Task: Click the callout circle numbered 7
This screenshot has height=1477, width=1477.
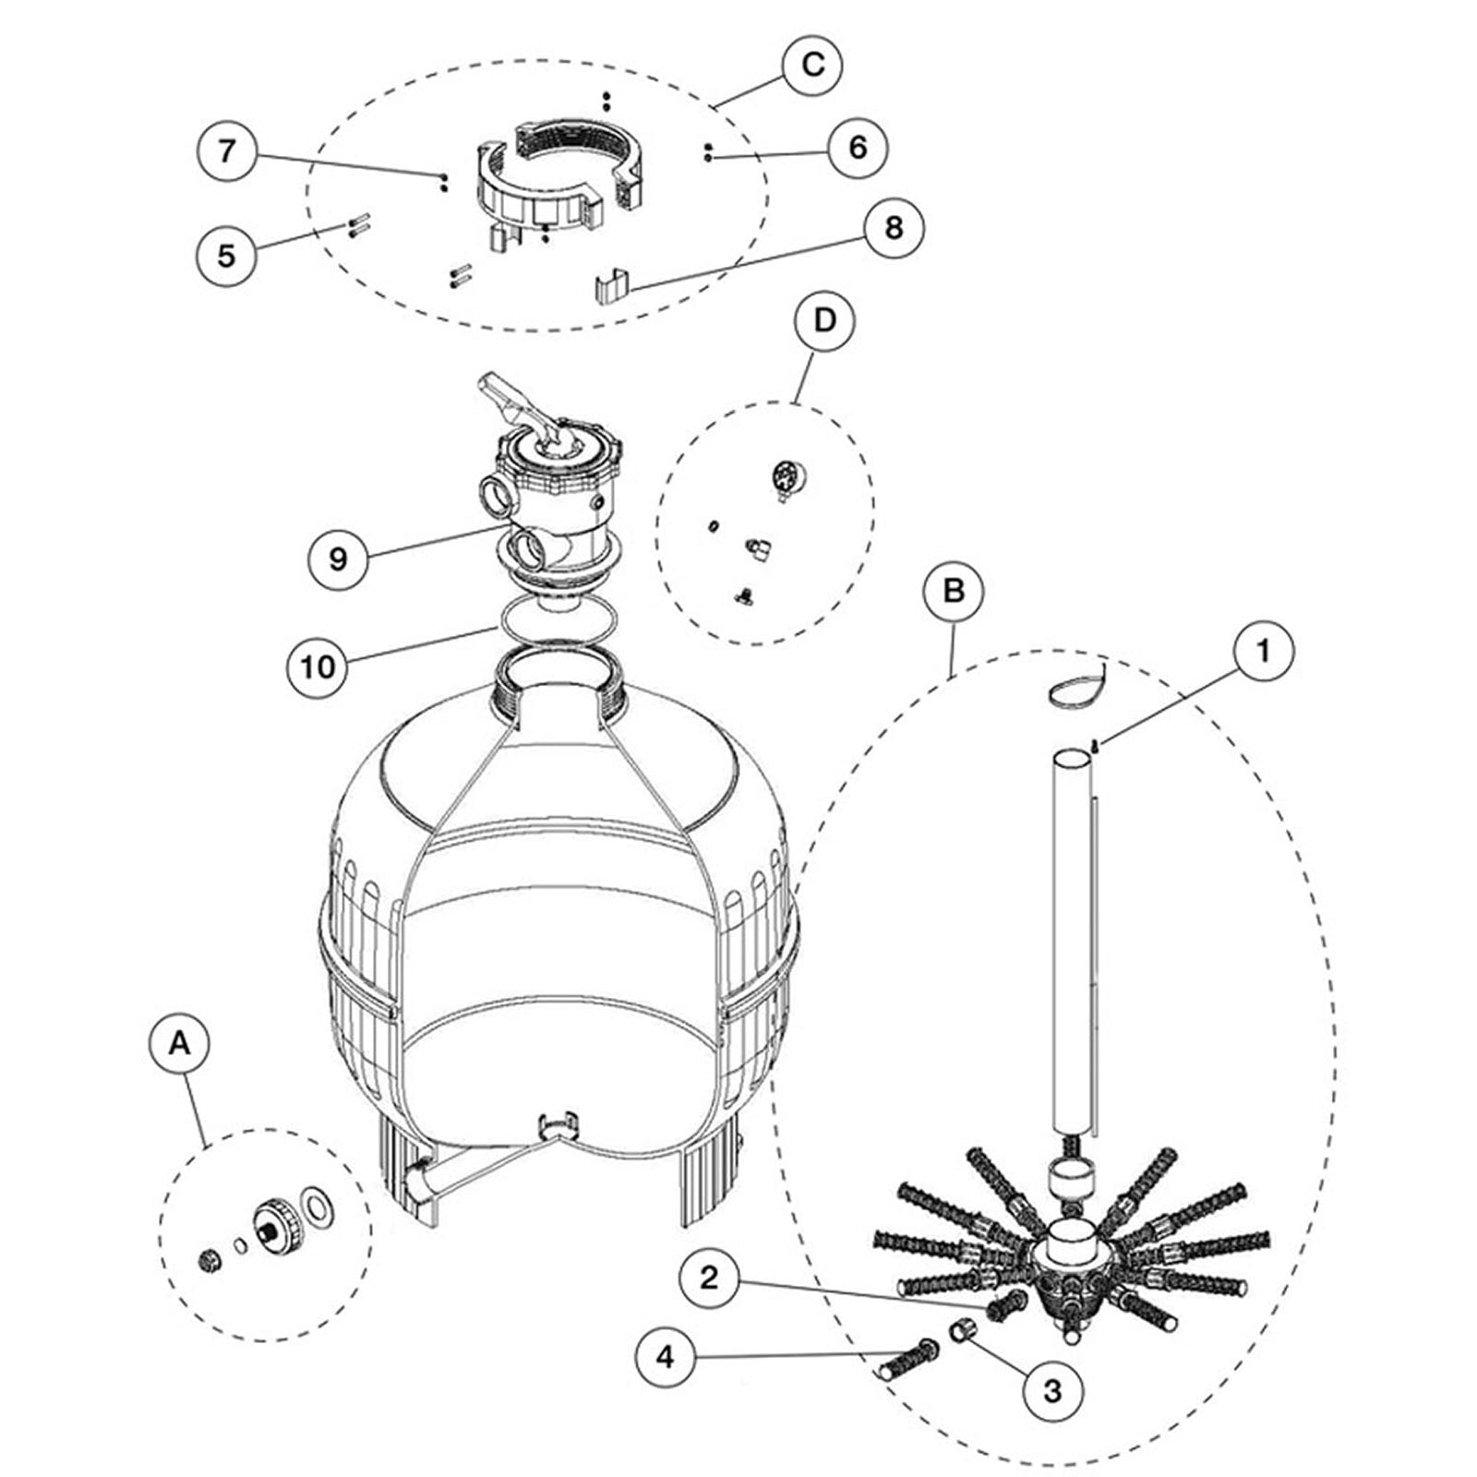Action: (x=227, y=150)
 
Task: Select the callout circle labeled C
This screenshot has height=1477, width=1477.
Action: (x=811, y=65)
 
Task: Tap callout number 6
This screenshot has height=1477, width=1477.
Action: (x=858, y=147)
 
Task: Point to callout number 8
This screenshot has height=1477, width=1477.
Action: (x=893, y=227)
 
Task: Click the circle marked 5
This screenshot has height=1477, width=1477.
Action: (x=227, y=254)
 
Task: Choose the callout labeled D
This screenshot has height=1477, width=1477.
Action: (x=824, y=320)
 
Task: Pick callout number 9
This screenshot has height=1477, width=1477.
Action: (x=338, y=558)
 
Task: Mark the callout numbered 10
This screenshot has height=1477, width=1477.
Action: (x=318, y=665)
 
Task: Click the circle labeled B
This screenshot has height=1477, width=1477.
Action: (x=954, y=590)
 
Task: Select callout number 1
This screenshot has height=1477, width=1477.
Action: (x=1264, y=652)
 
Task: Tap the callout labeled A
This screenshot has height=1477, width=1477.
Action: (x=179, y=1044)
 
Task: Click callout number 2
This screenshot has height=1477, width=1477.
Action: (x=709, y=1278)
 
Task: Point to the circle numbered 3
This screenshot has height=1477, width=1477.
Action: (x=1053, y=1390)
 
